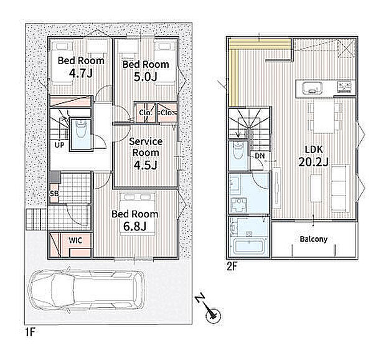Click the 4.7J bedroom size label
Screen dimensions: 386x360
(81, 73)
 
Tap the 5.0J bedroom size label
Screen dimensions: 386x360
(146, 77)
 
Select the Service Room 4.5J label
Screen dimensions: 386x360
(146, 153)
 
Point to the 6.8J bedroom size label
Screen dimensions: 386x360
(135, 227)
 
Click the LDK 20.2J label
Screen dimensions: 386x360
(313, 156)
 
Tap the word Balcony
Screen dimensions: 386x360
(314, 239)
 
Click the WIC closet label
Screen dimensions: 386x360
(75, 240)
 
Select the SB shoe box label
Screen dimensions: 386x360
(54, 194)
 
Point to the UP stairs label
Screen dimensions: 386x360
(59, 145)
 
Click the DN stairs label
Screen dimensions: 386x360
(260, 156)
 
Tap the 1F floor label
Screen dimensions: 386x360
(31, 332)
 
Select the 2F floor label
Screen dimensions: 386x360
(232, 266)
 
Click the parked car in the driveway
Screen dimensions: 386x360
(87, 290)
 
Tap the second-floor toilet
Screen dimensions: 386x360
(238, 150)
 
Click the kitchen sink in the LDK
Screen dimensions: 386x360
(313, 88)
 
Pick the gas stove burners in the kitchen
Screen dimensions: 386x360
(345, 87)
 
